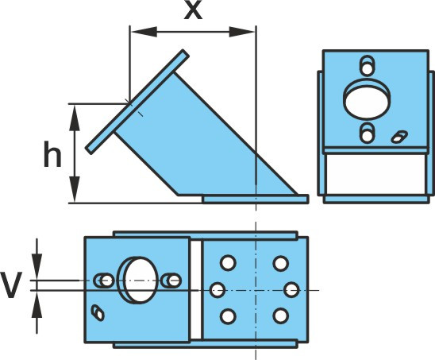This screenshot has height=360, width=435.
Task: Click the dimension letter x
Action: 194,11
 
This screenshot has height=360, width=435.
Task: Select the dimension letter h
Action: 52,154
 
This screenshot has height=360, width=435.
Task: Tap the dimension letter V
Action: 11,285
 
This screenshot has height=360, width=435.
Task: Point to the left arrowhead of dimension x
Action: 144,32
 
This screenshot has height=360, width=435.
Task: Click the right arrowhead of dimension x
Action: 241,32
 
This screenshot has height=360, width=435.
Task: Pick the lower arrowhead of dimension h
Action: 75,189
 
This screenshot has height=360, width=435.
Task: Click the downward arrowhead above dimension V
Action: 37,267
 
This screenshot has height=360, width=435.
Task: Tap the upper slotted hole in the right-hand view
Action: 368,66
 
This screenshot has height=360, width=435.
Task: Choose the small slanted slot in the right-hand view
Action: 399,137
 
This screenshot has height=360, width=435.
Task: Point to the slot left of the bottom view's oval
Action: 104,281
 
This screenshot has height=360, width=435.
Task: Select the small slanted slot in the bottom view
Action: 98,313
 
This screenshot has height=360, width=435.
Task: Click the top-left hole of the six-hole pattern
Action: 228,263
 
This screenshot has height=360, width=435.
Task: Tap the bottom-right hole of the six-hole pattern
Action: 281,315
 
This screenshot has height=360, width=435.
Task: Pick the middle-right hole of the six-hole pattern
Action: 292,290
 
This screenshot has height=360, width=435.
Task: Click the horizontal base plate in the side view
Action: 256,199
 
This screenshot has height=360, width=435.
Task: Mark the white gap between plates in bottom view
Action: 196,290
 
